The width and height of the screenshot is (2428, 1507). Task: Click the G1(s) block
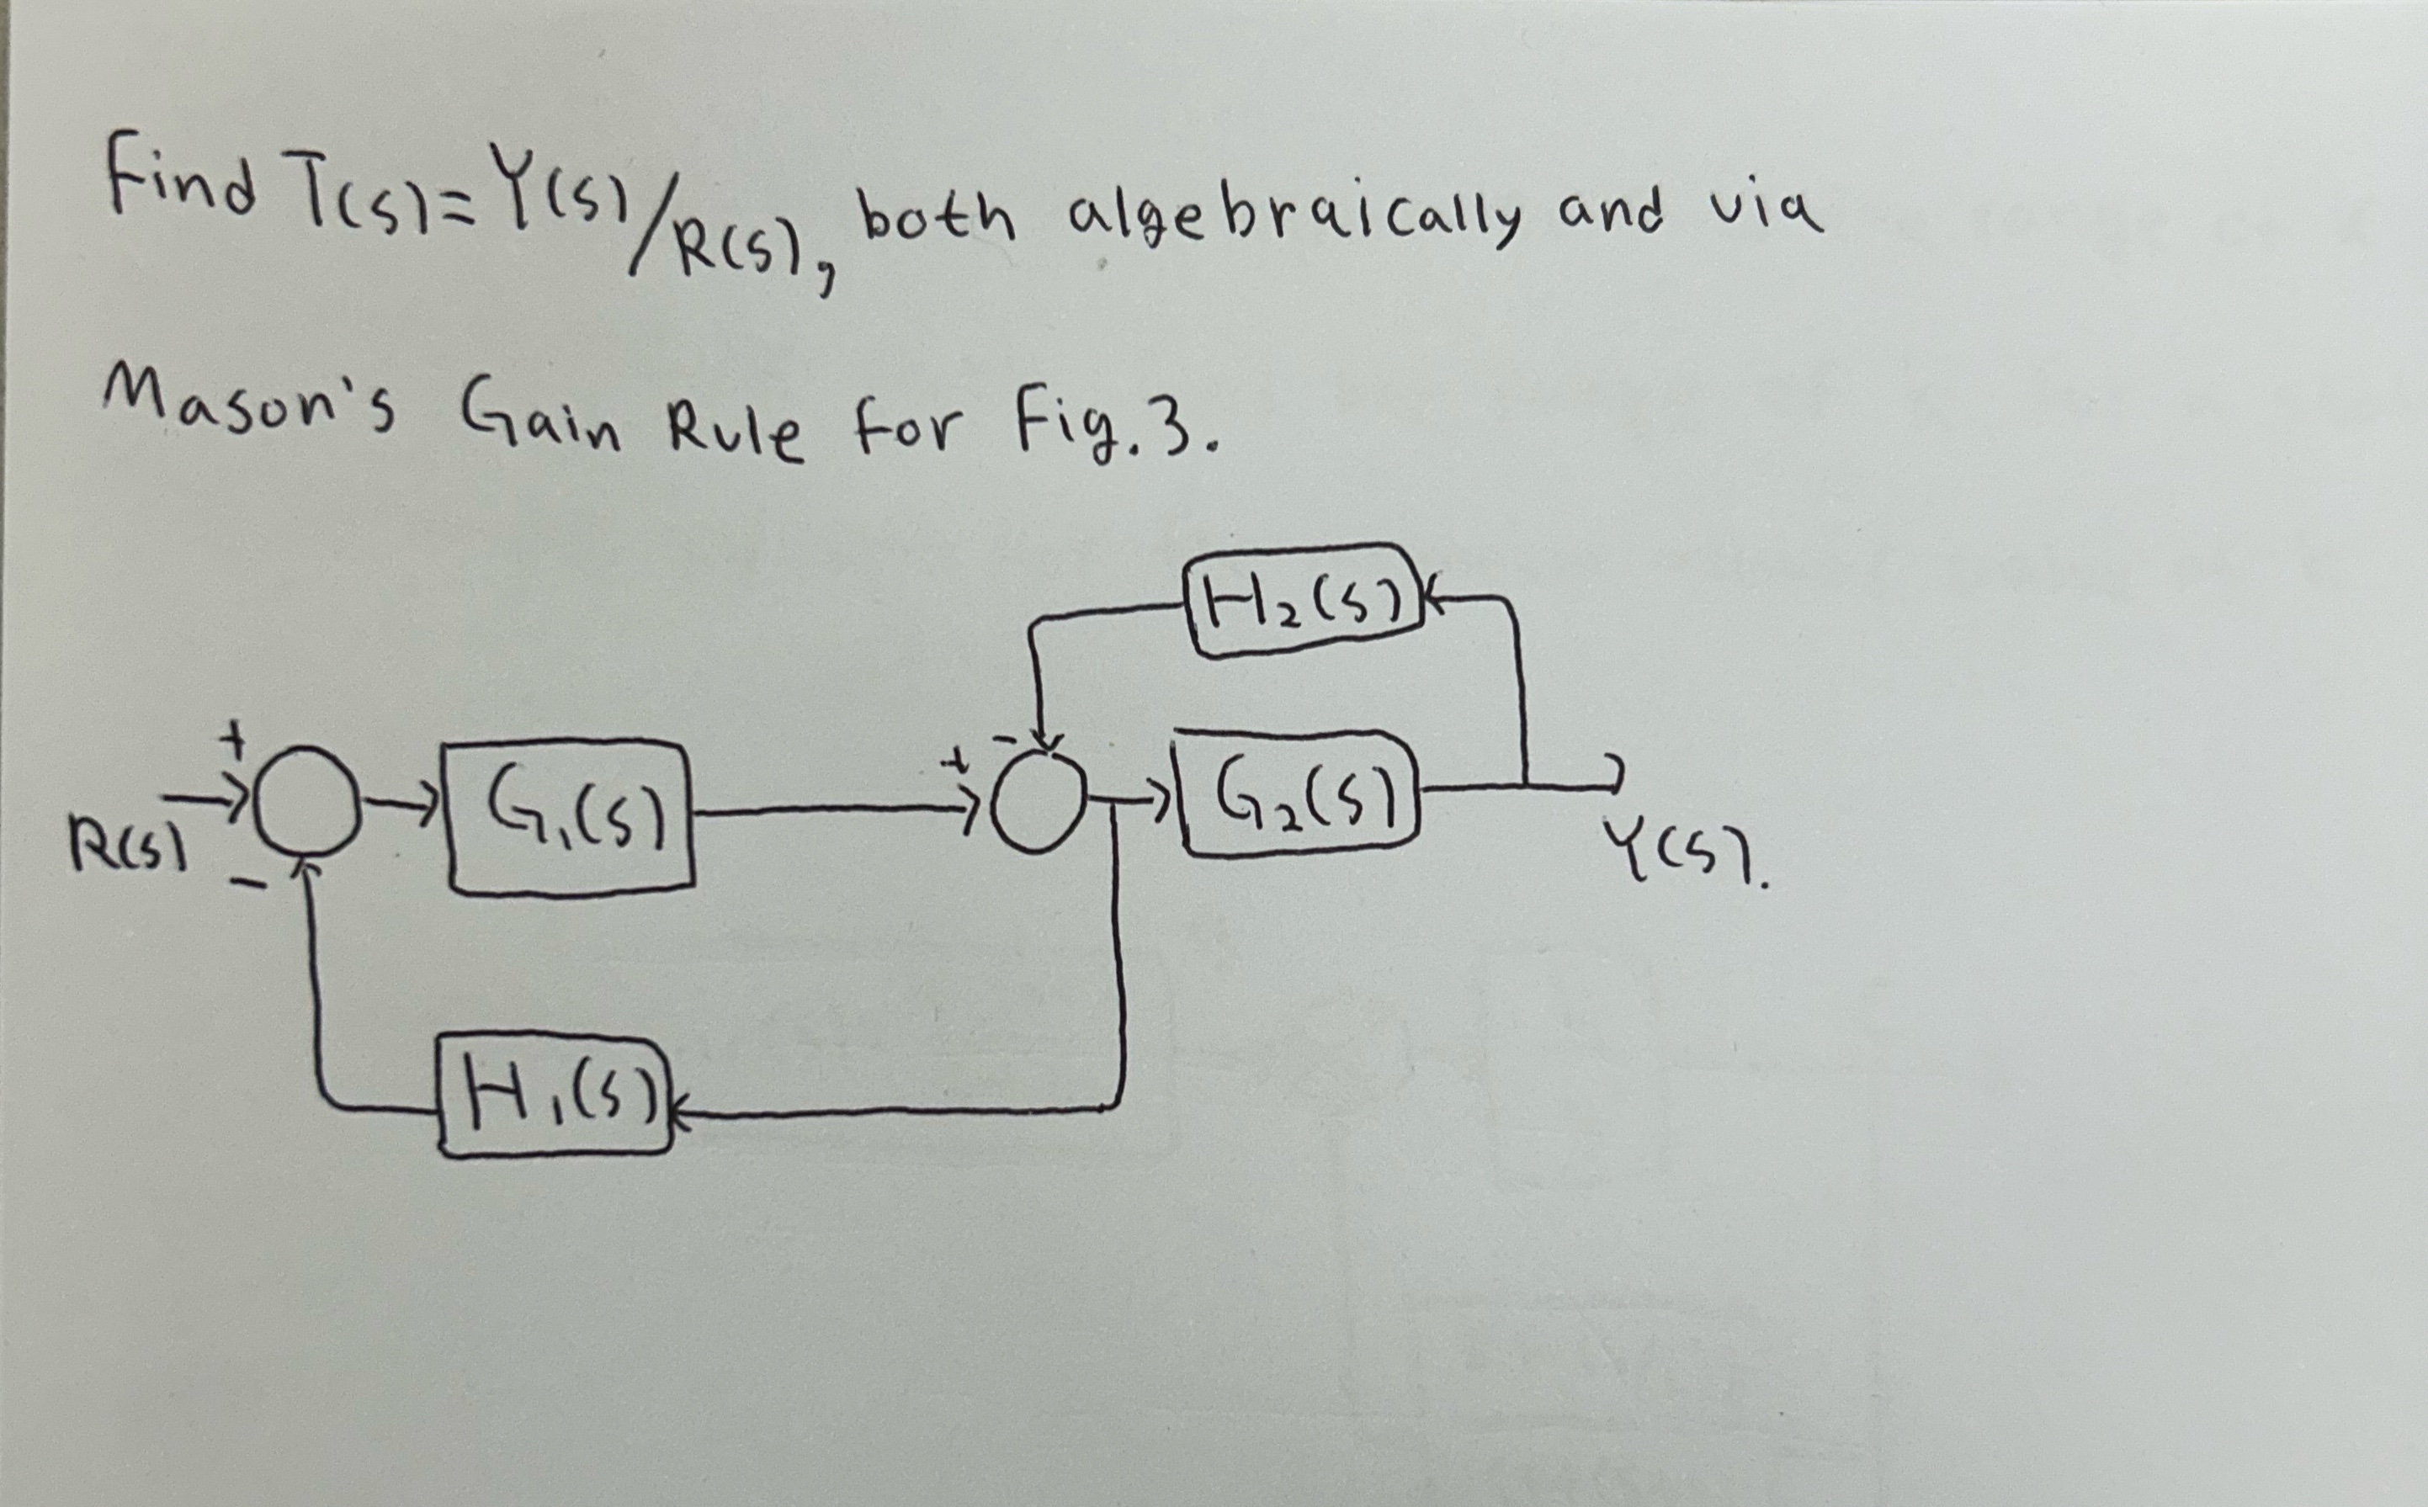point(572,818)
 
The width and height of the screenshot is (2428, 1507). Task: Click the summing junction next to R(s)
point(306,801)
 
